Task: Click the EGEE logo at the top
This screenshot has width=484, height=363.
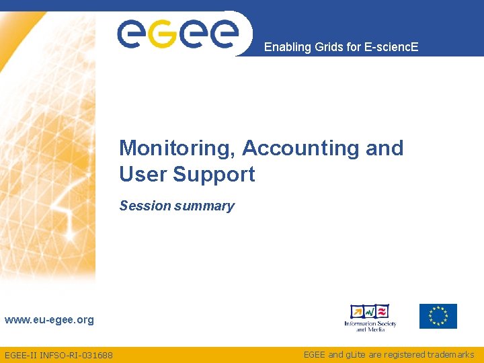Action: pos(178,33)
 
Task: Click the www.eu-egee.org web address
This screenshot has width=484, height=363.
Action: pos(49,320)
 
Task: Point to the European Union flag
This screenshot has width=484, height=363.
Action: pos(438,316)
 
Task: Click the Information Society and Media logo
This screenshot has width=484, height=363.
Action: pos(370,317)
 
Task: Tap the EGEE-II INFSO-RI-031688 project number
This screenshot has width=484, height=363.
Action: pos(58,355)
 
